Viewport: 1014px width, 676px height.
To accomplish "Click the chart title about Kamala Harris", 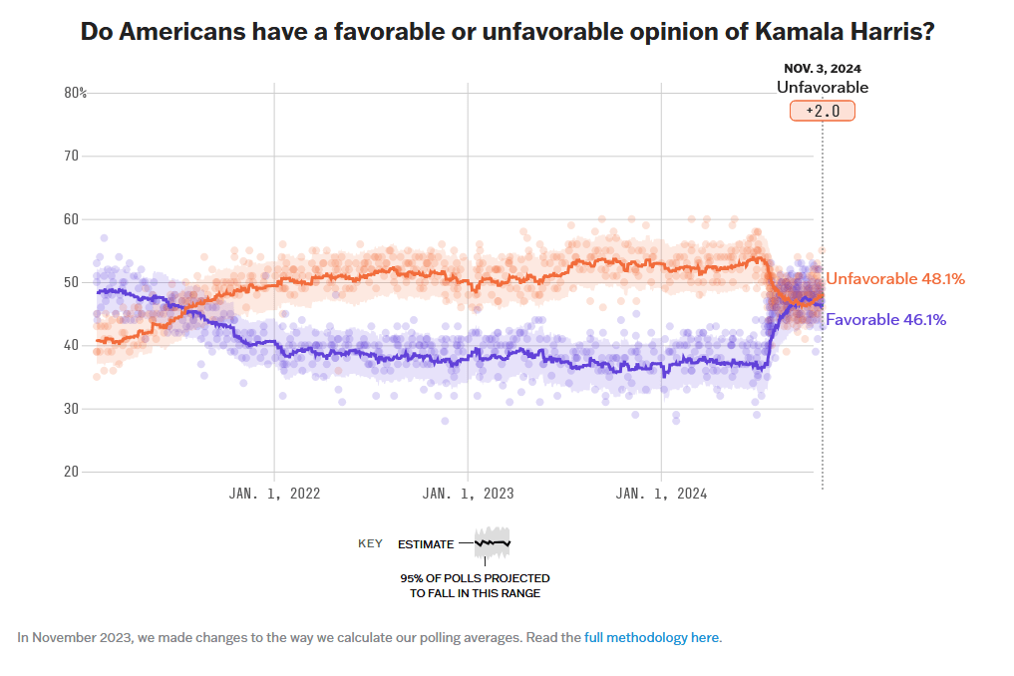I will tap(507, 31).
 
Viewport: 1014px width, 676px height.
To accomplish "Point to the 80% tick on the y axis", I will tap(76, 93).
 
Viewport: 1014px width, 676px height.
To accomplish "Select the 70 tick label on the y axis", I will tap(72, 156).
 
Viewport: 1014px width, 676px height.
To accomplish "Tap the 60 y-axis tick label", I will tap(72, 218).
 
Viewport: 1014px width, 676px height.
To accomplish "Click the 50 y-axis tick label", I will tap(72, 282).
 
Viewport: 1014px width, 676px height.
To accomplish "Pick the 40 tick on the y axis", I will tap(72, 345).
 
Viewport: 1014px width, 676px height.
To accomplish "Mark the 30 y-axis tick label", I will tap(72, 408).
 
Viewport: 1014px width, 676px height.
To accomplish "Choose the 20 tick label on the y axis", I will tap(72, 471).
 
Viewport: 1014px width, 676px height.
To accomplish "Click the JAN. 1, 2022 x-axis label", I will tap(274, 493).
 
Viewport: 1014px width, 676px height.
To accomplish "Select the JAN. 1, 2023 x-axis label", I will tap(468, 493).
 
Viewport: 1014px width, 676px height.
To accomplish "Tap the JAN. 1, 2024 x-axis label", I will tap(661, 493).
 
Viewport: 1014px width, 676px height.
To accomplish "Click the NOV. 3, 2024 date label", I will tap(822, 69).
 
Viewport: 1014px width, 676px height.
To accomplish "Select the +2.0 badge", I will tap(823, 111).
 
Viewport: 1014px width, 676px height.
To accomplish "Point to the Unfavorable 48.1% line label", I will tap(895, 279).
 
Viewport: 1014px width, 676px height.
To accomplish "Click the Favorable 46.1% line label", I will tap(885, 320).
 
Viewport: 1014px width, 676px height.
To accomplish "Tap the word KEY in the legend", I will tap(370, 544).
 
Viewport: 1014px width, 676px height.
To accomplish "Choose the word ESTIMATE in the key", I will tap(425, 544).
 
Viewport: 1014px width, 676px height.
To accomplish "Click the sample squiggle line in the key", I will tap(493, 543).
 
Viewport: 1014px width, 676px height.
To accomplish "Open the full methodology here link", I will tap(651, 637).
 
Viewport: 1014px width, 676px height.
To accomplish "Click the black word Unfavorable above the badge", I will tap(823, 88).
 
